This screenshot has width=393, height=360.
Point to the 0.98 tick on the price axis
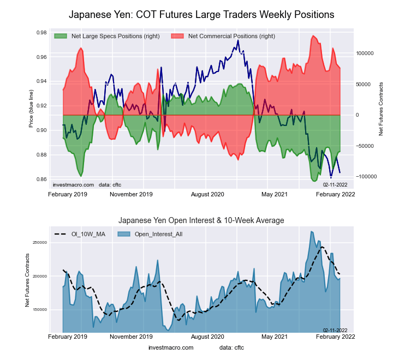coord(41,33)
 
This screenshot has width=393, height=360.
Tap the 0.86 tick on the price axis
coord(41,179)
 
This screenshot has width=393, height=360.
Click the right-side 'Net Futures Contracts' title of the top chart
coord(380,109)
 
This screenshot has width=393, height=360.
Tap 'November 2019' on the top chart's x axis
coord(131,194)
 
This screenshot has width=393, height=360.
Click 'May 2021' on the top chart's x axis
coord(275,194)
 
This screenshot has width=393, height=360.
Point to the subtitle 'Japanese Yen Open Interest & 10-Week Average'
coord(201,220)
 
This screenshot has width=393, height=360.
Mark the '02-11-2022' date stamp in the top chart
coord(335,185)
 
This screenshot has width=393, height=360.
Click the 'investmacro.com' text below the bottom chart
coord(171,347)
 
